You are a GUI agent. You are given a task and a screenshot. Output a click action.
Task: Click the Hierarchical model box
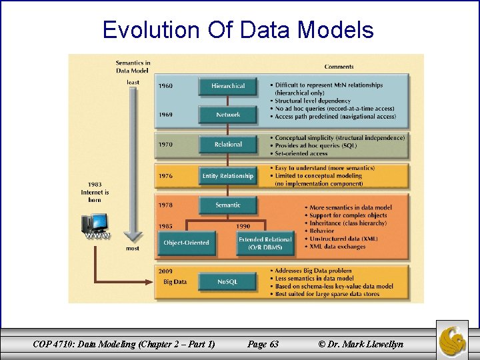tap(228, 86)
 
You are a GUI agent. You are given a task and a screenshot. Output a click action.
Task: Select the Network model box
tap(228, 115)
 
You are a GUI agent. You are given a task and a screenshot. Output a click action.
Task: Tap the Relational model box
tap(228, 144)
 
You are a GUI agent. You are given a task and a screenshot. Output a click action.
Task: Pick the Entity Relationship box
tap(228, 176)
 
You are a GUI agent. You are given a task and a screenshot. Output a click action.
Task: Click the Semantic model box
tap(228, 205)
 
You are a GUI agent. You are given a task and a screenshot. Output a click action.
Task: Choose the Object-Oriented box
tap(186, 243)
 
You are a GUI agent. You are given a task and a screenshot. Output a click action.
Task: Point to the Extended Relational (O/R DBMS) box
tap(265, 243)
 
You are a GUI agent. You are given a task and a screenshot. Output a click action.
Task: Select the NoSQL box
tap(228, 282)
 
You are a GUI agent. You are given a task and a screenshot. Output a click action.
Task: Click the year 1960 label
tap(165, 86)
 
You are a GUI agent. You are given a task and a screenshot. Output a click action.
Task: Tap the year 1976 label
tap(165, 176)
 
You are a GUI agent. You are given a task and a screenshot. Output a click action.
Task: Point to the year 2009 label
tap(165, 271)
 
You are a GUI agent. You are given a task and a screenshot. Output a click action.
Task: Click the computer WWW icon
tap(95, 227)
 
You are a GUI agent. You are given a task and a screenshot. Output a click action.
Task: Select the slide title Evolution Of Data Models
tap(238, 30)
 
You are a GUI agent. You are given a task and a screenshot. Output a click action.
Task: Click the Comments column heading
tap(339, 67)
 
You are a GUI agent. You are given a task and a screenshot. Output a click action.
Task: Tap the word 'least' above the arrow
tap(133, 82)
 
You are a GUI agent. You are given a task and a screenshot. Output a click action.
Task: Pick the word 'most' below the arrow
tap(133, 248)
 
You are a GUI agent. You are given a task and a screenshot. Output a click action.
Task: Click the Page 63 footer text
tap(263, 344)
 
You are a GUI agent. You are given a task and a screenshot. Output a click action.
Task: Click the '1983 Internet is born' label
tap(95, 191)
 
